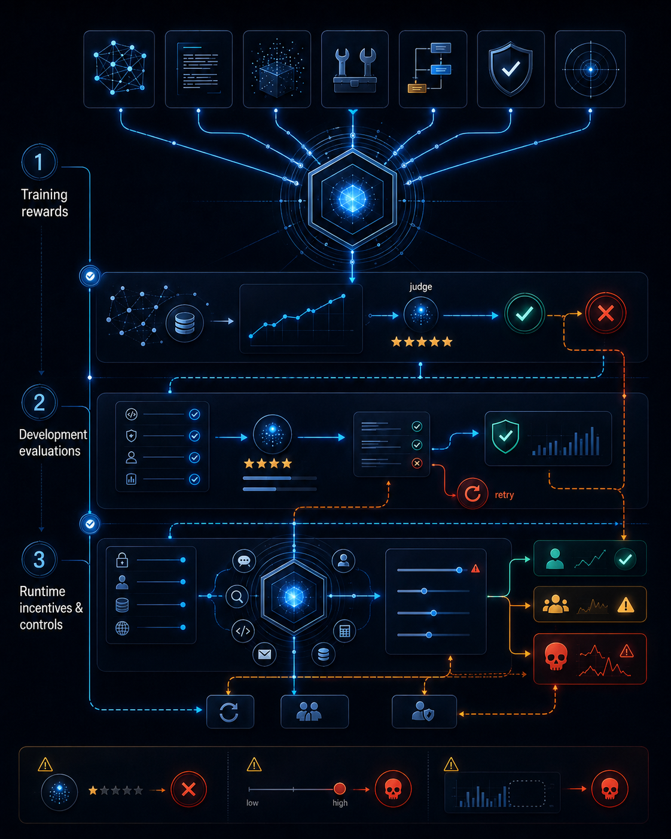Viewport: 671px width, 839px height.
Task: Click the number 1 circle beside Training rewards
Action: pos(39,162)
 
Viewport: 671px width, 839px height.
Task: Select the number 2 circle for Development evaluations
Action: pos(39,402)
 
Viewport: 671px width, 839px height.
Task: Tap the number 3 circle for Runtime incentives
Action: pos(39,559)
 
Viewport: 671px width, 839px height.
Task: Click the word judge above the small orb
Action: pos(420,287)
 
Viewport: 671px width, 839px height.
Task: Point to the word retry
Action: pos(504,495)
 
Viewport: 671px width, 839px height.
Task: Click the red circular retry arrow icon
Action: pos(472,494)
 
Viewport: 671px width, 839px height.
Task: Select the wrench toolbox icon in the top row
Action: pos(355,70)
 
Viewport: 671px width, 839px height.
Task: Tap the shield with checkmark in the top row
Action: pos(511,69)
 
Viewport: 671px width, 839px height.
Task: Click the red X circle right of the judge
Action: pos(606,313)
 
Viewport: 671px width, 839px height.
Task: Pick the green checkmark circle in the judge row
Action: pos(524,314)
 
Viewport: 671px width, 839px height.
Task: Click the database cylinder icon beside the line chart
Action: pos(184,323)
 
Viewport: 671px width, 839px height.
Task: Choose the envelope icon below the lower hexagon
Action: pos(264,654)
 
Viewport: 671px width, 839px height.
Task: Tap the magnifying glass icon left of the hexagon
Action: pos(237,596)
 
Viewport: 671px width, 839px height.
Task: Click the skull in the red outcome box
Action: pos(556,656)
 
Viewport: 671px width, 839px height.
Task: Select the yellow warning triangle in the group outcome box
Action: pos(626,604)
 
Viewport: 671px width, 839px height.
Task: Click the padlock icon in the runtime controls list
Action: pos(122,560)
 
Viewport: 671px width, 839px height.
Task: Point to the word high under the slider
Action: pos(340,802)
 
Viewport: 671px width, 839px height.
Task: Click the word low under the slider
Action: pos(252,802)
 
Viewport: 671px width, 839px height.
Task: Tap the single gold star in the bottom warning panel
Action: pos(93,791)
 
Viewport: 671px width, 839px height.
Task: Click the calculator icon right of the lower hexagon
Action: pos(344,631)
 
